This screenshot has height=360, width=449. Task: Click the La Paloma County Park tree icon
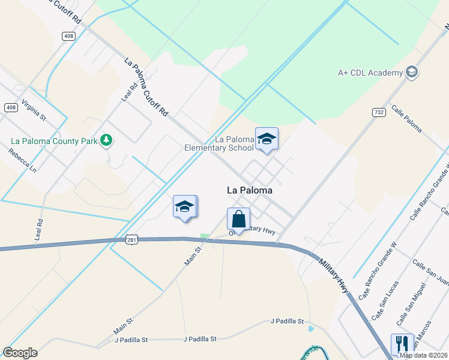tap(106, 140)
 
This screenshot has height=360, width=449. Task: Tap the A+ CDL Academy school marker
tap(412, 73)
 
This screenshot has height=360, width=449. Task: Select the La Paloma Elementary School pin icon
tap(267, 140)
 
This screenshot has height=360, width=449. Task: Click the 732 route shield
tap(378, 112)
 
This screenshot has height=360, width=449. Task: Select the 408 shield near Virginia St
tap(11, 107)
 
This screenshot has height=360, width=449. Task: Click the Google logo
tap(20, 352)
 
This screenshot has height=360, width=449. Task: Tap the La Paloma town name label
tap(250, 190)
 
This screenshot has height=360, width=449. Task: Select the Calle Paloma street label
tap(406, 119)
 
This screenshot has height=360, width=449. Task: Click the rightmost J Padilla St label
tap(287, 321)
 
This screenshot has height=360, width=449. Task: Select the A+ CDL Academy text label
tap(370, 73)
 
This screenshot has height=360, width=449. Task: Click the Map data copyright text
tap(423, 355)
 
